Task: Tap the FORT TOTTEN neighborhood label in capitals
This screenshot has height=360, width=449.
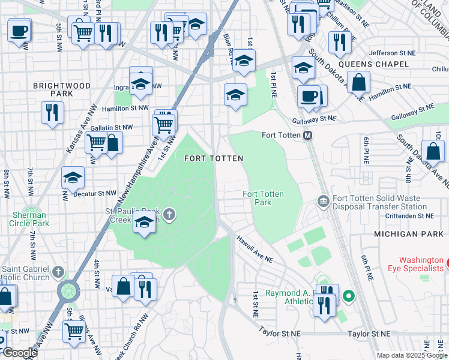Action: [x=213, y=158]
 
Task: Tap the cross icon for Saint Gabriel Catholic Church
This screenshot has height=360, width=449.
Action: [x=58, y=272]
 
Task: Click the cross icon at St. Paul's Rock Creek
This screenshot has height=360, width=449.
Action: [x=170, y=214]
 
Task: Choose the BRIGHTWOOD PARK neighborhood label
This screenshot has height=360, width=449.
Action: [x=62, y=90]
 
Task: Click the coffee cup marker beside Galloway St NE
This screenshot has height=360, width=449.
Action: [x=309, y=96]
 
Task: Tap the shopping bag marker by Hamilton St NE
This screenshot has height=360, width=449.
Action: [x=358, y=82]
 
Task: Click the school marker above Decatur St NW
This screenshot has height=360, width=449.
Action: [x=73, y=178]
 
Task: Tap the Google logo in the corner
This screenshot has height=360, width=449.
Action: [x=20, y=353]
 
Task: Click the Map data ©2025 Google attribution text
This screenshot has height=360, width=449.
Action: [x=411, y=355]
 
